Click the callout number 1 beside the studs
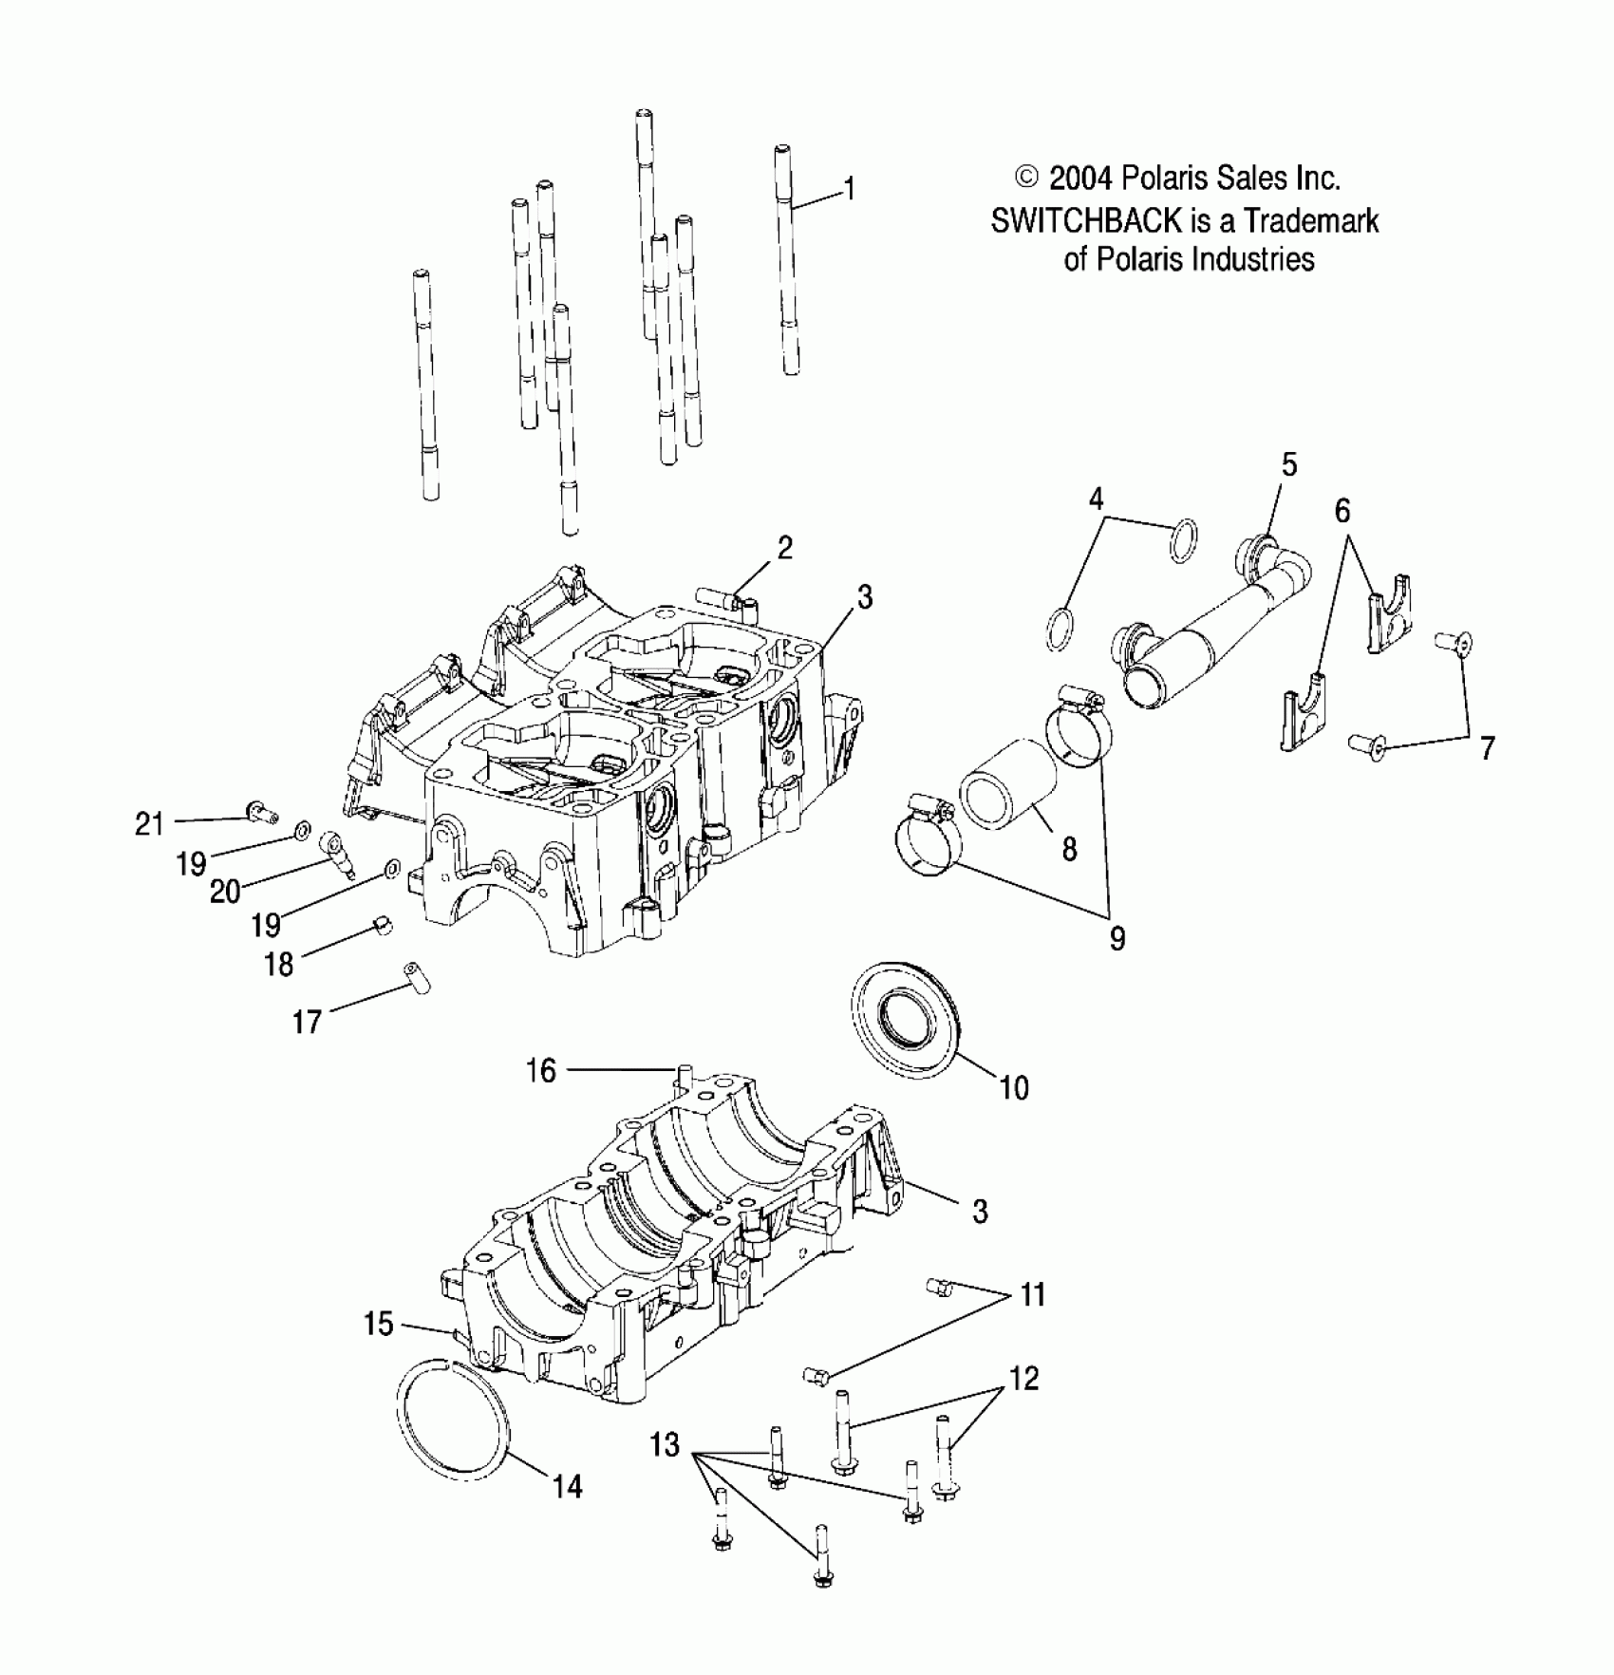coord(850,189)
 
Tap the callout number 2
coord(784,548)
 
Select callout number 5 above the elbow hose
coord(1288,465)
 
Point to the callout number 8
coord(1069,849)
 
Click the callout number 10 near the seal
coord(1014,1087)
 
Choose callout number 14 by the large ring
coord(567,1485)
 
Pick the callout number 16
coord(540,1071)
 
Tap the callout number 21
coord(149,823)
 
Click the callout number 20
coord(225,891)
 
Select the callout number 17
coord(307,1022)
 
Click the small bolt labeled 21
coord(259,811)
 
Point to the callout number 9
coord(1117,938)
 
